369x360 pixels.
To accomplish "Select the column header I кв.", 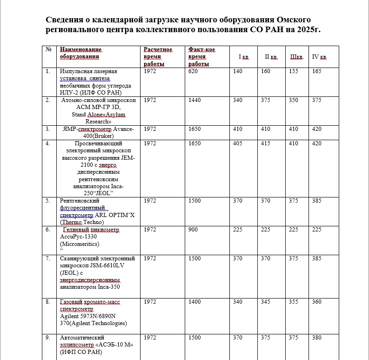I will click(244, 57).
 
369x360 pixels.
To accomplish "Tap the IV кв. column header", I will click(319, 57).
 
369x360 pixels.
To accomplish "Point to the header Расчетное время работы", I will click(158, 57).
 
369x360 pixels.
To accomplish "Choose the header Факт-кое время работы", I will click(202, 57).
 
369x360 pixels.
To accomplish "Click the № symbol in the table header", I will click(48, 49).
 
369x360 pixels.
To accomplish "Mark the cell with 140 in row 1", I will click(238, 71).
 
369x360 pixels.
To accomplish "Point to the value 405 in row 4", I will click(238, 143).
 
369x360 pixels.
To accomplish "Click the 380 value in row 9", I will click(316, 338).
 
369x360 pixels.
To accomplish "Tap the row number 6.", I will click(48, 230).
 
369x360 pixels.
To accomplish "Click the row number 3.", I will click(48, 129).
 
